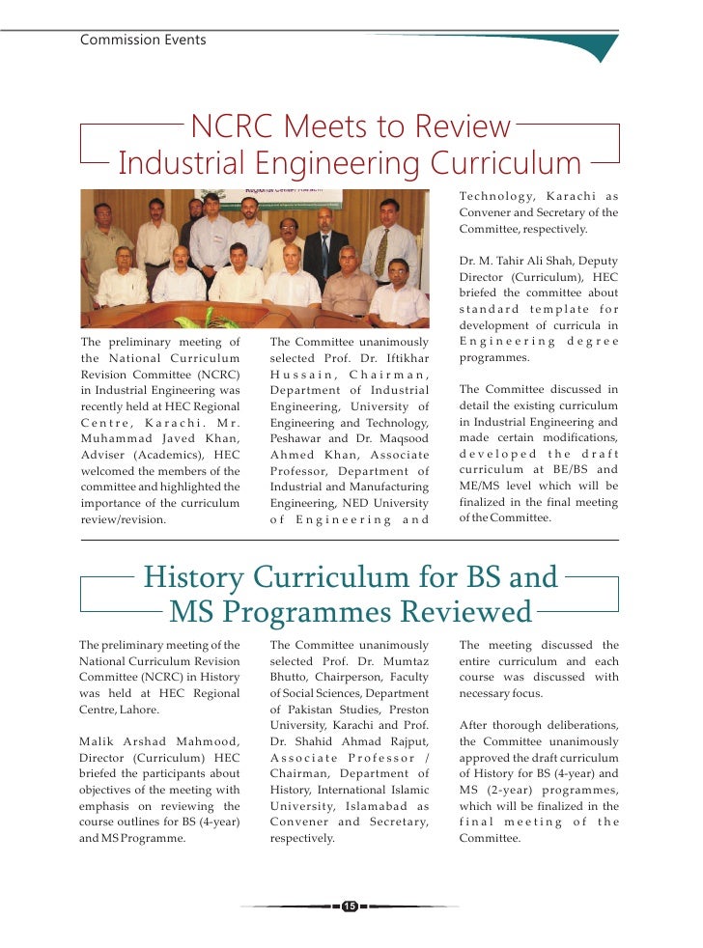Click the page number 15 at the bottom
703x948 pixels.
click(x=350, y=906)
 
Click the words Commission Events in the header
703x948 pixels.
click(x=143, y=40)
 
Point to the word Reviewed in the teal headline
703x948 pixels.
click(x=456, y=612)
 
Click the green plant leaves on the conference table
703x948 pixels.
click(x=208, y=320)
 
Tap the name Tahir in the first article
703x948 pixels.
click(x=520, y=261)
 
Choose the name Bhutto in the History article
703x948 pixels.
click(x=292, y=677)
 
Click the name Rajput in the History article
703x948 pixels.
click(x=407, y=740)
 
